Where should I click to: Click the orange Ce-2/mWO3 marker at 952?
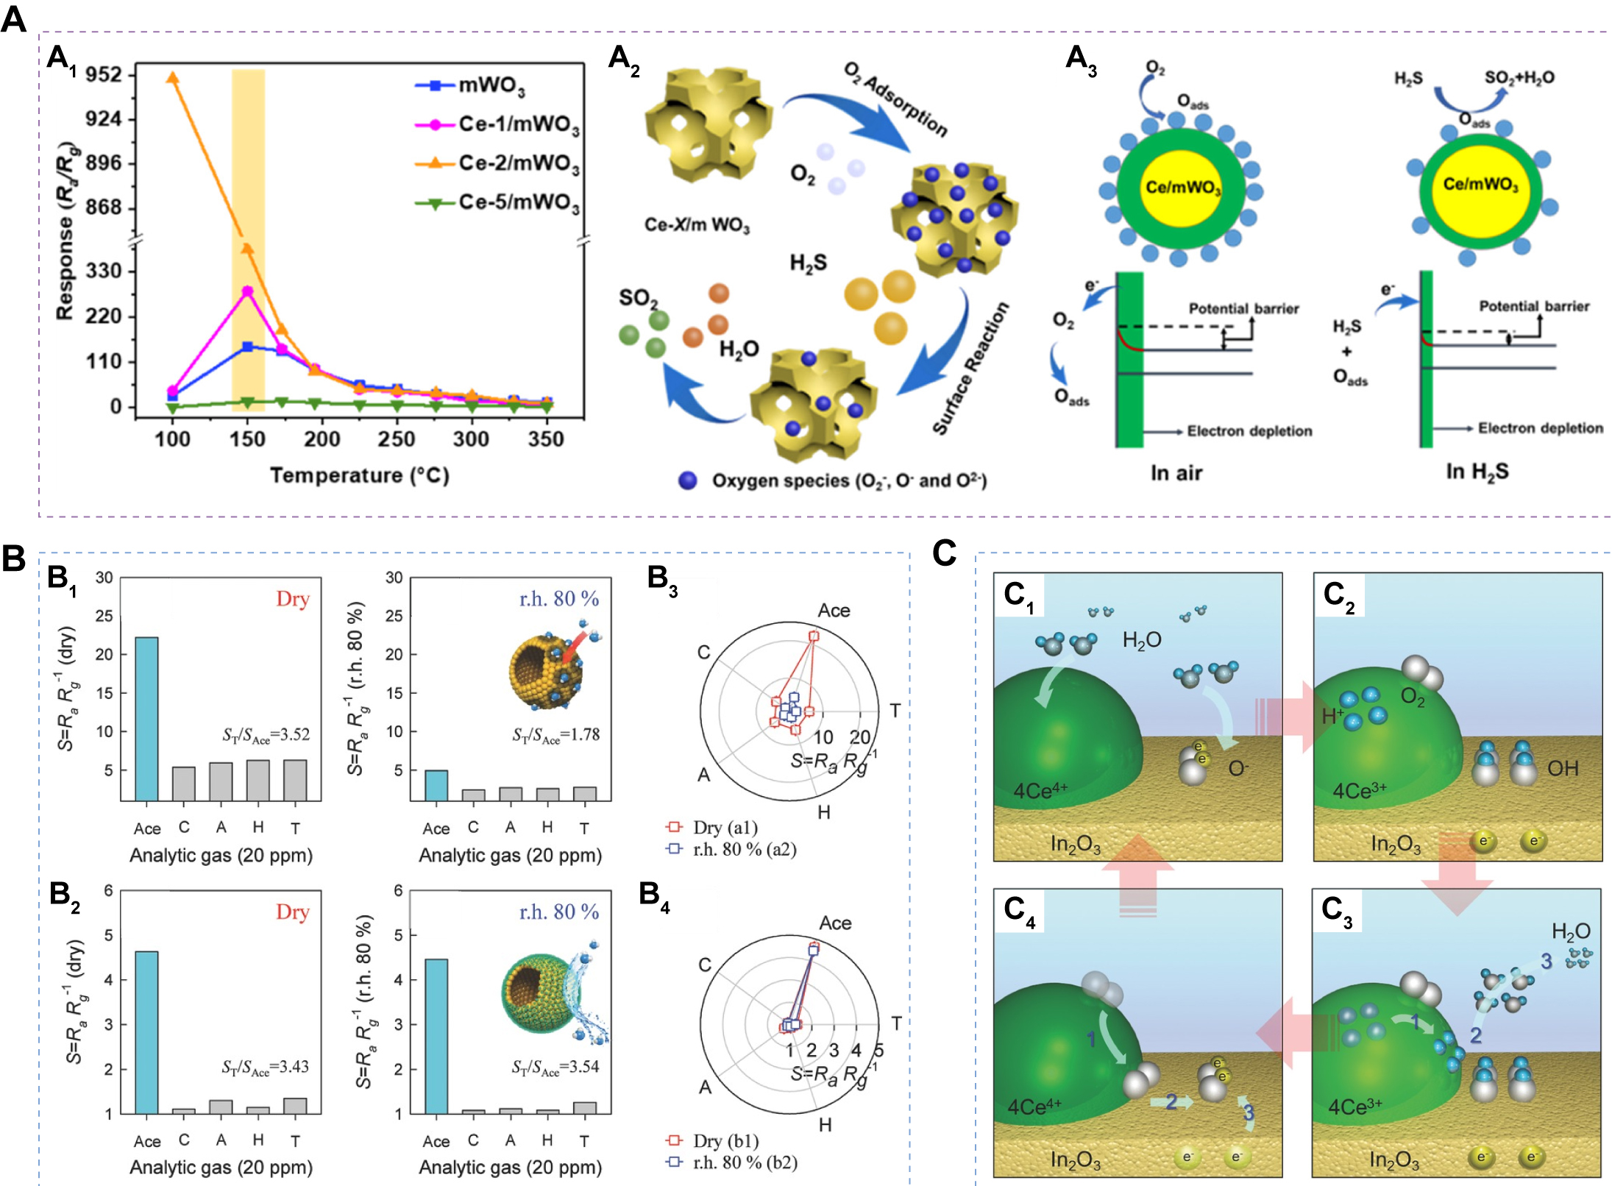point(173,78)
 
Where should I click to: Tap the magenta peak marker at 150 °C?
point(247,291)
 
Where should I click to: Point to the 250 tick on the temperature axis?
point(397,439)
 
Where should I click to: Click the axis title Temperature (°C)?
point(359,475)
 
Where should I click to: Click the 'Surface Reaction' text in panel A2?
point(970,369)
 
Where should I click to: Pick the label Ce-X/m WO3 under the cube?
point(697,225)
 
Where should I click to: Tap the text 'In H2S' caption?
point(1477,472)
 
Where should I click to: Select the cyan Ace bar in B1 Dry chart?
point(147,718)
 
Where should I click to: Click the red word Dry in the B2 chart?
point(292,912)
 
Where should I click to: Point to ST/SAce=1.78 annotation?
point(555,735)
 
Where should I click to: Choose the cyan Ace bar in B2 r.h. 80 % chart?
point(436,1036)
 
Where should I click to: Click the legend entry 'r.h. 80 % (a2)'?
point(744,849)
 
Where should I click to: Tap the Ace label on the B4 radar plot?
point(835,923)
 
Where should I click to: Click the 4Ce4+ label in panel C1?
point(1040,790)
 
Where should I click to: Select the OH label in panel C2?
point(1563,769)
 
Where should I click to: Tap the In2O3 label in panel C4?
point(1075,1160)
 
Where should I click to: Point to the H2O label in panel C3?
point(1570,931)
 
